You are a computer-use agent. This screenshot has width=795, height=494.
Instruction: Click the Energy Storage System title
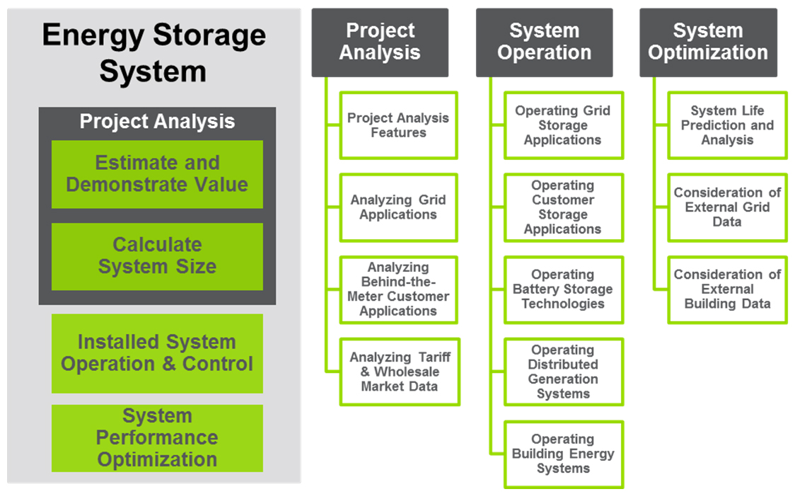tap(153, 53)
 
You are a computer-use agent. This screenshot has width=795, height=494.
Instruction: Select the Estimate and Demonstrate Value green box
tap(157, 174)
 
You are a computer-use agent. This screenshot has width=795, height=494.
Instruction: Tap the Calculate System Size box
tap(157, 256)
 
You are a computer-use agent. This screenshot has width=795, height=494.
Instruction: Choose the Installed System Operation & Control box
tap(157, 353)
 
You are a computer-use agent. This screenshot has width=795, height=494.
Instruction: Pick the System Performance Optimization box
tap(157, 437)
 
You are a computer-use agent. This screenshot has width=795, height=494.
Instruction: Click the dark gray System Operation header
tap(544, 42)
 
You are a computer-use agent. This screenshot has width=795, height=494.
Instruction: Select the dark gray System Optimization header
tap(708, 42)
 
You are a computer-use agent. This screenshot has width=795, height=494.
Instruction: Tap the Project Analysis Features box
tap(398, 125)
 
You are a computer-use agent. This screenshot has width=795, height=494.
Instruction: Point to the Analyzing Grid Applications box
tap(398, 207)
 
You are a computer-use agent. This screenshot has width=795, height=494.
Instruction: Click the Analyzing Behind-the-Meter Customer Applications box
tap(398, 289)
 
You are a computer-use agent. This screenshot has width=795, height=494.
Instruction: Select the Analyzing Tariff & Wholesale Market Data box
tap(400, 372)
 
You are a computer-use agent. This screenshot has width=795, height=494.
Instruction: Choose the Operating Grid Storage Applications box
tap(563, 125)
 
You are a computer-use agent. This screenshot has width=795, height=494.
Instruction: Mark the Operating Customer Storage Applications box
tap(563, 207)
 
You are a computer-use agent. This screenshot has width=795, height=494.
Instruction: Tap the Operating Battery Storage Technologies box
tap(563, 289)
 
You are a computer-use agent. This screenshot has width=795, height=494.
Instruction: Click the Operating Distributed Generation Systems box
tap(563, 372)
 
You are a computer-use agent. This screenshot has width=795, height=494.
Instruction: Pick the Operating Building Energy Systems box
tap(563, 454)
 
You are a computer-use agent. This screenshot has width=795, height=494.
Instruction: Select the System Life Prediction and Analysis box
tap(728, 125)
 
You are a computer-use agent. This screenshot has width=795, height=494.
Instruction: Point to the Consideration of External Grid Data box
tap(728, 207)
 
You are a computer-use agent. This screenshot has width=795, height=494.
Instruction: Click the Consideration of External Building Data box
tap(728, 289)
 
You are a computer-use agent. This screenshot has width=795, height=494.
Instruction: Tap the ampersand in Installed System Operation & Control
tap(169, 364)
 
